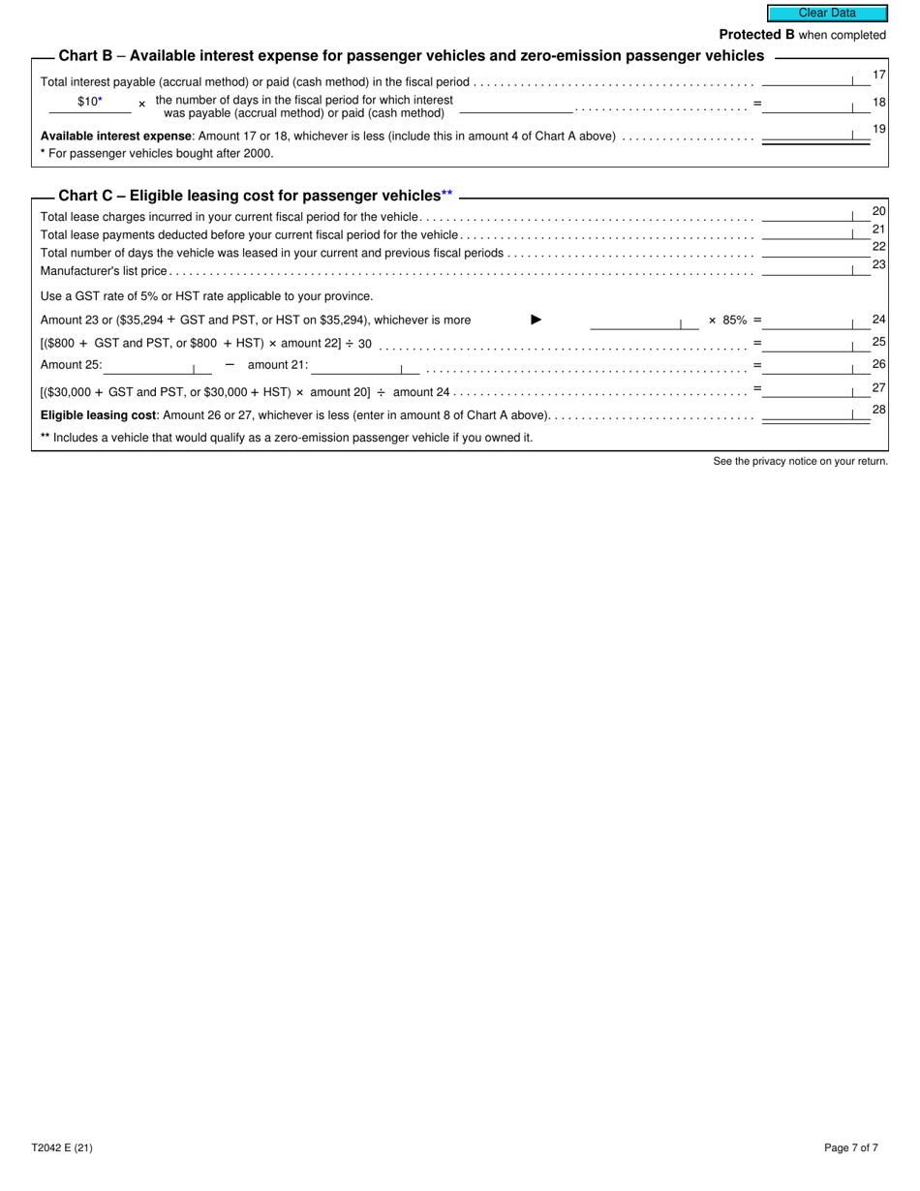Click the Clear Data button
(827, 14)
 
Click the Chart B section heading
(411, 56)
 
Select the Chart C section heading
(256, 196)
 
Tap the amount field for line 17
(815, 80)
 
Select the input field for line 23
(815, 270)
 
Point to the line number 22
(878, 246)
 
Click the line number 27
(878, 387)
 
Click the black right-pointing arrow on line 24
(537, 320)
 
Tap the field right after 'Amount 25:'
(157, 367)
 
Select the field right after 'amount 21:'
(365, 367)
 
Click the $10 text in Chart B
(88, 101)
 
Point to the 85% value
(734, 320)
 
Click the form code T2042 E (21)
(62, 1148)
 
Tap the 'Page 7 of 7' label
(851, 1148)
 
